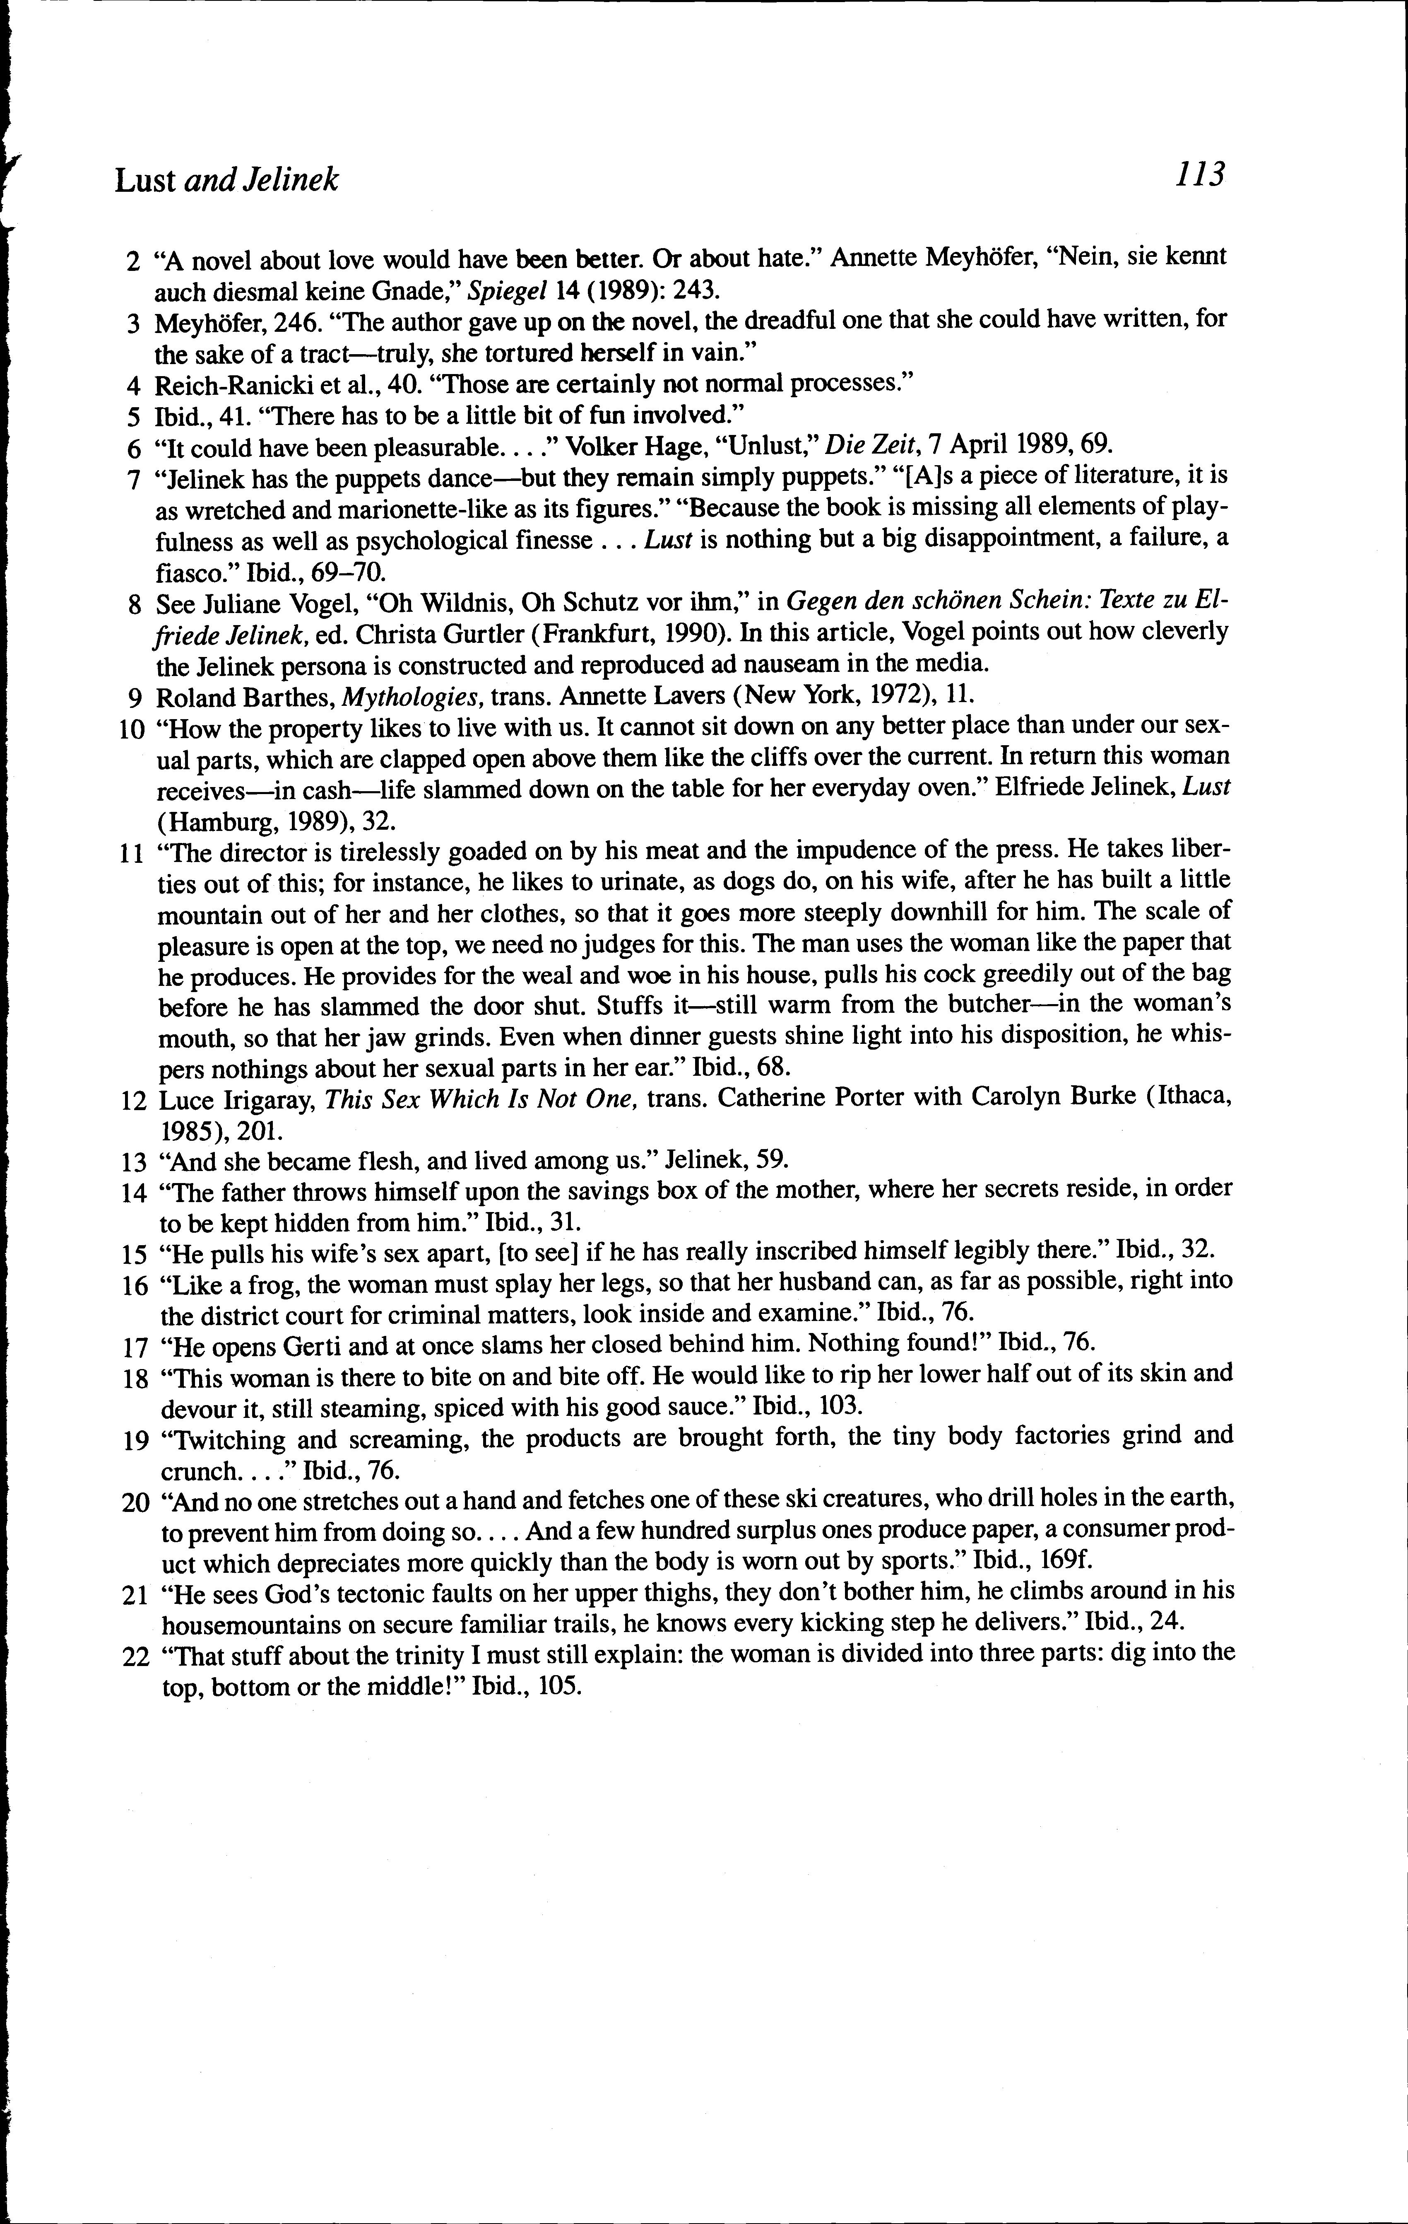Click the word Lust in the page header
(145, 180)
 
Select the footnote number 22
(135, 1657)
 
